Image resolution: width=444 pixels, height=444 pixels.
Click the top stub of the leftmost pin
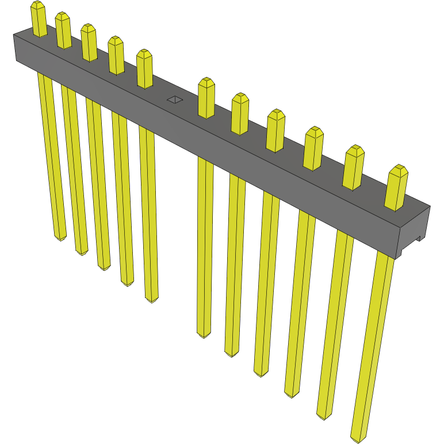click(39, 18)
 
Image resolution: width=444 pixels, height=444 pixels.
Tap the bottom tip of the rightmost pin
click(358, 437)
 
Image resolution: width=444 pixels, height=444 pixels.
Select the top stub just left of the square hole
click(144, 68)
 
